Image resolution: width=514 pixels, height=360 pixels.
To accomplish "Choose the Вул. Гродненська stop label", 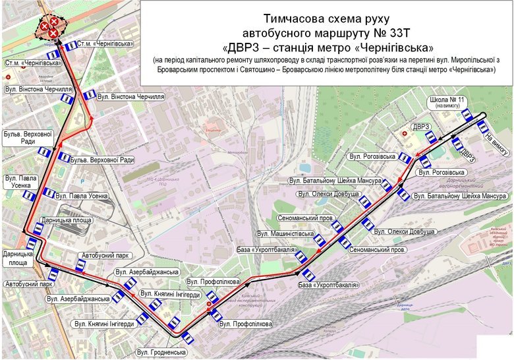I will coord(161,353).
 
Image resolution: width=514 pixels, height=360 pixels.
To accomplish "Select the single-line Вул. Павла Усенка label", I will coord(81,195).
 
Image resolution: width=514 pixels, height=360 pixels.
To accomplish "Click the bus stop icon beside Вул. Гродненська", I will coord(188,340).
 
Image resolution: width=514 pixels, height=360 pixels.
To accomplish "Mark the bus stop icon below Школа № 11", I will coord(467,115).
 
